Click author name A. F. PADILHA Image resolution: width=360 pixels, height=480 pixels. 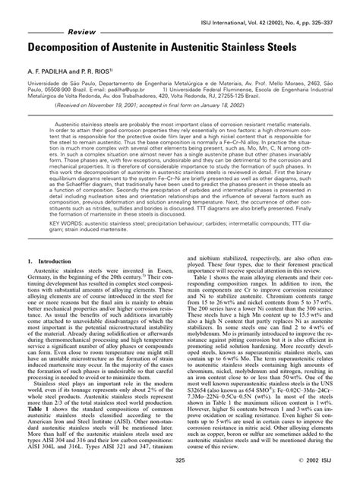coord(48,69)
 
